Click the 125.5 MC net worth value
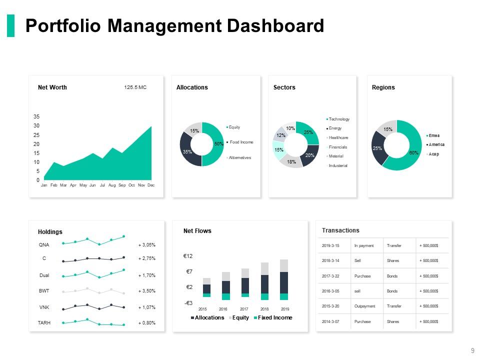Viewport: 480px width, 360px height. [135, 87]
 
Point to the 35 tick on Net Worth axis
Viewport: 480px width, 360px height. [36, 116]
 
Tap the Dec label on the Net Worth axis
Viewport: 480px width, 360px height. [151, 185]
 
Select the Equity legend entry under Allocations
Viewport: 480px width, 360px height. [234, 127]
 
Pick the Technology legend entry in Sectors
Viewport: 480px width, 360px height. [339, 119]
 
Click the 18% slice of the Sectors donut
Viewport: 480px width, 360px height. [292, 161]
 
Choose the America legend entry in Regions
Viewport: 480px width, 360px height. [436, 144]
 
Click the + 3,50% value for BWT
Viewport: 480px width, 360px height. [147, 290]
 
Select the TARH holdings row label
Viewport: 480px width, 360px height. [44, 323]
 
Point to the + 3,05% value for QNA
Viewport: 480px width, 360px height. [147, 245]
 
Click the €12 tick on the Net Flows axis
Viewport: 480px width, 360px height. [188, 256]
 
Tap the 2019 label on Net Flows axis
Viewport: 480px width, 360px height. [284, 309]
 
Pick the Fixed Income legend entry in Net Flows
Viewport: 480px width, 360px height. [274, 318]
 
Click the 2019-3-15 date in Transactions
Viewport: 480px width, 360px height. [330, 245]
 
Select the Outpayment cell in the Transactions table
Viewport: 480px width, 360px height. [364, 306]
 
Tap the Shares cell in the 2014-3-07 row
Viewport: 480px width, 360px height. [393, 321]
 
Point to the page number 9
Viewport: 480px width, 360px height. [472, 350]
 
